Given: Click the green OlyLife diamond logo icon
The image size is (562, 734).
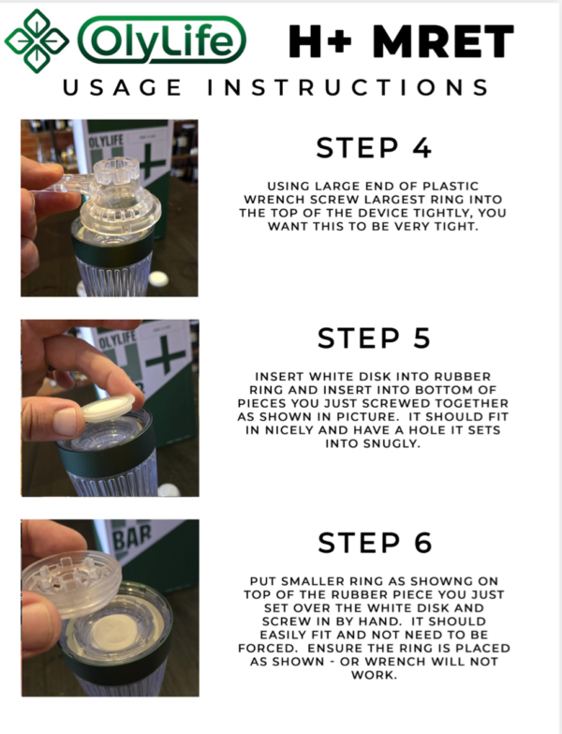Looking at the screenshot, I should pyautogui.click(x=36, y=39).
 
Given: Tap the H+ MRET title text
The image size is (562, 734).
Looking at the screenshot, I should pyautogui.click(x=401, y=41).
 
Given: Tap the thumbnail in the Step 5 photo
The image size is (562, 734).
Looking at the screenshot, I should pyautogui.click(x=65, y=423).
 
